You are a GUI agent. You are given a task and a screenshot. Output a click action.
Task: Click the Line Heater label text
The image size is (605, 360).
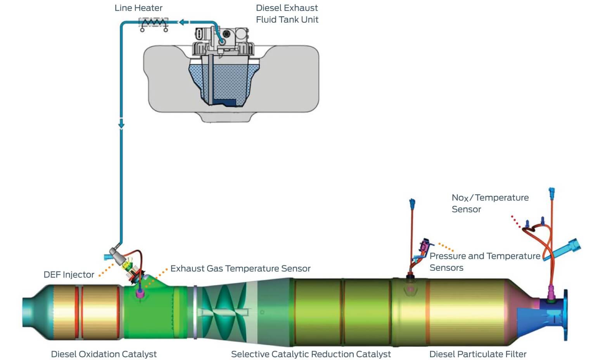pyautogui.click(x=138, y=8)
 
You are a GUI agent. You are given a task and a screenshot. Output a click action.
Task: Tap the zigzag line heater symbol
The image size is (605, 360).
pyautogui.click(x=154, y=23)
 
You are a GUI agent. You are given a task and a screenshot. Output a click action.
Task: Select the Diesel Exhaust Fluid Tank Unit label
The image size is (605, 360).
pyautogui.click(x=287, y=14)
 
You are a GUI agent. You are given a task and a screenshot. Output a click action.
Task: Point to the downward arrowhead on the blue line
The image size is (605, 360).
pyautogui.click(x=121, y=125)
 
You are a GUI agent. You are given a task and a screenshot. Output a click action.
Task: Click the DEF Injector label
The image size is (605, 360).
pyautogui.click(x=69, y=275)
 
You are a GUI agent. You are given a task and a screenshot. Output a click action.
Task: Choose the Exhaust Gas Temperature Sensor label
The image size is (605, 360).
pyautogui.click(x=240, y=268)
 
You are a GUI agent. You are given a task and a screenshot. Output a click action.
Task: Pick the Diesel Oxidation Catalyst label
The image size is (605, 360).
pyautogui.click(x=104, y=354)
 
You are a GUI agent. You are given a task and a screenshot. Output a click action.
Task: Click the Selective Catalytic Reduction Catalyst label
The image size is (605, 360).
pyautogui.click(x=311, y=354)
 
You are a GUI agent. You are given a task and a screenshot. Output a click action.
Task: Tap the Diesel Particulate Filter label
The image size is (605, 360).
pyautogui.click(x=478, y=354)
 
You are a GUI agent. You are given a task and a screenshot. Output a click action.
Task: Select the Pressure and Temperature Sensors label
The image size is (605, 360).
pyautogui.click(x=485, y=262)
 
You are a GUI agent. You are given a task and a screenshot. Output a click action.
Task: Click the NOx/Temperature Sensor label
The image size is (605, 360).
pyautogui.click(x=490, y=203)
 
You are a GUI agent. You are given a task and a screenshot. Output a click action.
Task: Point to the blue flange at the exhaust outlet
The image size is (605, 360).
pyautogui.click(x=565, y=314)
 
